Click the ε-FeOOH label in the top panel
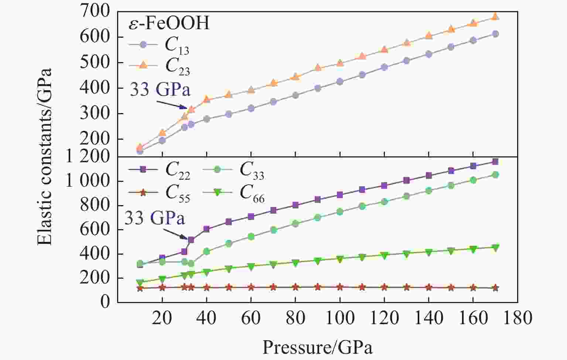[169, 23]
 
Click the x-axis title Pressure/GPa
[317, 347]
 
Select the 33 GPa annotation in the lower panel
[154, 218]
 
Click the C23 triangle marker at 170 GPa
[495, 17]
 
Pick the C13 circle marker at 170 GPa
[495, 34]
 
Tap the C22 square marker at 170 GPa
[495, 162]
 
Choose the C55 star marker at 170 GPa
[495, 288]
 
